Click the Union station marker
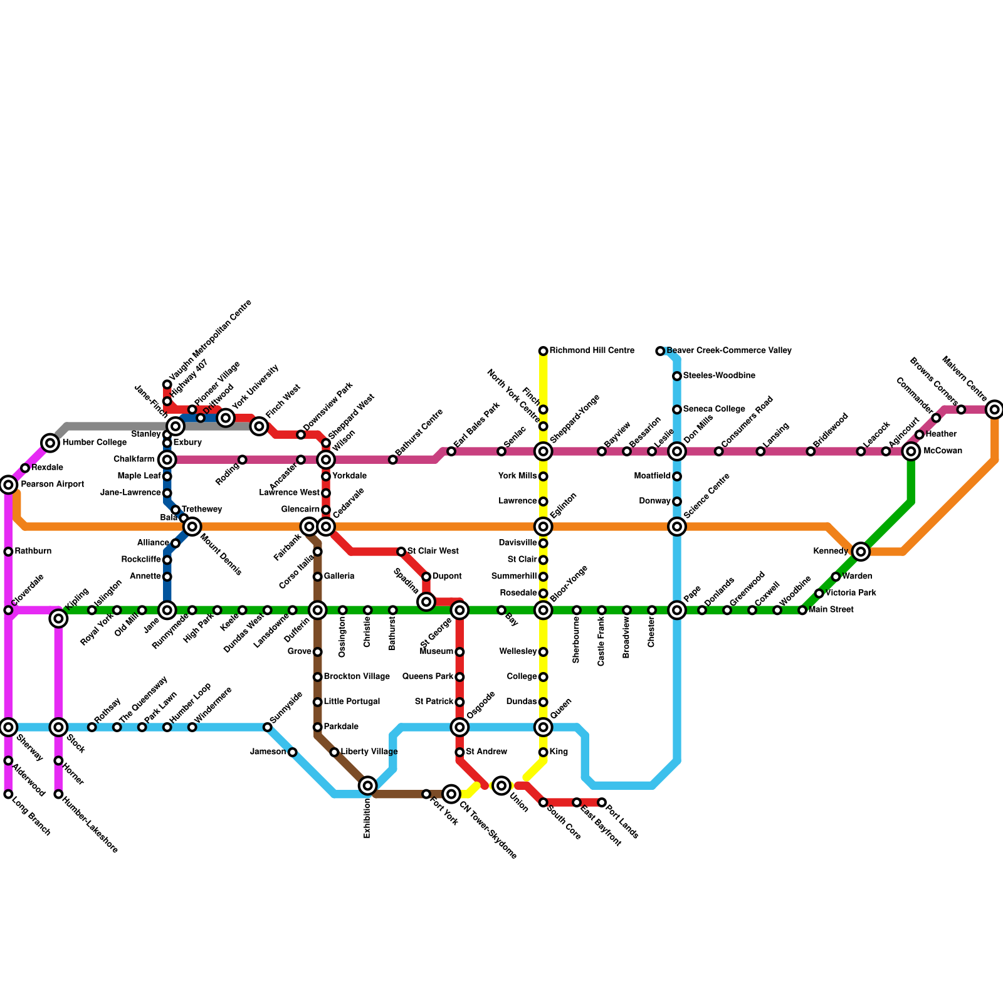click(x=501, y=785)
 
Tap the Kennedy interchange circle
click(x=861, y=552)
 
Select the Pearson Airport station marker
click(x=8, y=484)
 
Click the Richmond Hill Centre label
click(x=592, y=350)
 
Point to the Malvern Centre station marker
click(x=994, y=410)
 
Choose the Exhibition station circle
click(x=368, y=785)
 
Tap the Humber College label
click(x=94, y=443)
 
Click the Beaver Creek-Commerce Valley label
click(x=728, y=350)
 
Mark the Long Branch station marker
click(x=8, y=794)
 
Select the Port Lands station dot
click(x=602, y=802)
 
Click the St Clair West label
click(x=433, y=552)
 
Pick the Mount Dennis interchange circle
click(x=192, y=526)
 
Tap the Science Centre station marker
click(x=677, y=527)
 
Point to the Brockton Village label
click(x=356, y=677)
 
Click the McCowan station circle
click(x=911, y=451)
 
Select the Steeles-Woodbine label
click(x=718, y=375)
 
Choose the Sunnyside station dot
click(x=268, y=727)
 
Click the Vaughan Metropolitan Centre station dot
click(x=167, y=384)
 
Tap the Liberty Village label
click(x=369, y=752)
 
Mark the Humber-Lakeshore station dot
click(x=58, y=794)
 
